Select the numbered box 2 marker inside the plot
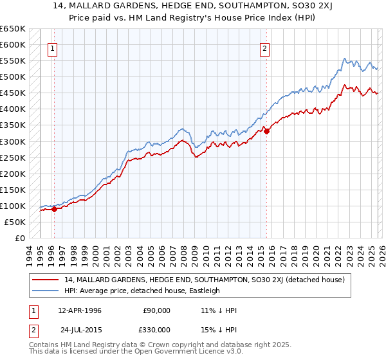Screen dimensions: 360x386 (264, 48)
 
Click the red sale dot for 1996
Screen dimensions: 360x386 (55, 208)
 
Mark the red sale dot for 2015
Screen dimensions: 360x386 (267, 132)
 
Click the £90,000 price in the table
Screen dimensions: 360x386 (156, 310)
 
